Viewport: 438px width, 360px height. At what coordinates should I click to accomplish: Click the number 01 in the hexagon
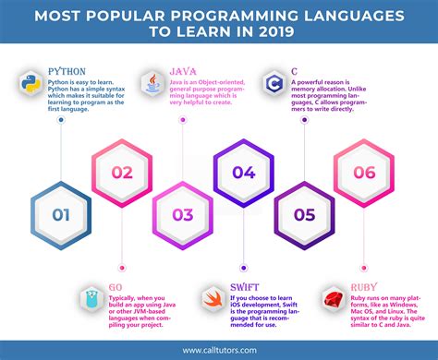(x=62, y=215)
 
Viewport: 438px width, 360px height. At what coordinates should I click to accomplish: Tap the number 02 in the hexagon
(x=122, y=172)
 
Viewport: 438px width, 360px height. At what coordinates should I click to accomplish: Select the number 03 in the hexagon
(x=182, y=215)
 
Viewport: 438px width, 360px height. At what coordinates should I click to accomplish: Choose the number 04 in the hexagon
(x=243, y=172)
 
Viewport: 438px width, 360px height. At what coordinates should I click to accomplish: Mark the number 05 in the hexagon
(x=304, y=215)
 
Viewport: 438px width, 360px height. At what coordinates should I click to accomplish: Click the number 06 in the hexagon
(x=365, y=172)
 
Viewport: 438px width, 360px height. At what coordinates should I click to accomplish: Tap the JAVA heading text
(x=184, y=69)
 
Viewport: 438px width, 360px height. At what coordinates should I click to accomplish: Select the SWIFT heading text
(x=243, y=286)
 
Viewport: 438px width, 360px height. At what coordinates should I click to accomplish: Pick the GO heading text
(x=114, y=286)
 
